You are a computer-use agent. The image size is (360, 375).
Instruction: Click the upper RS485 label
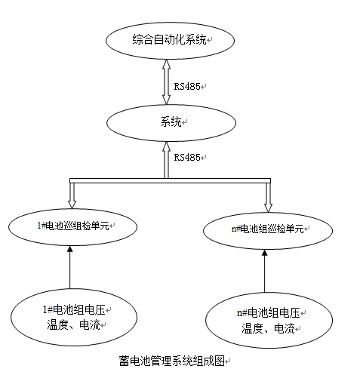coord(187,87)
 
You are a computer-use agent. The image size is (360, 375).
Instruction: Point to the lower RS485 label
coord(187,158)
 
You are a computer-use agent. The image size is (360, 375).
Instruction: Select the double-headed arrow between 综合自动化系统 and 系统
coord(166,82)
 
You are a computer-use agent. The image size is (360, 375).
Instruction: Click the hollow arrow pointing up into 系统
coord(166,160)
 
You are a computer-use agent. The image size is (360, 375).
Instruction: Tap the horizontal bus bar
coord(170,180)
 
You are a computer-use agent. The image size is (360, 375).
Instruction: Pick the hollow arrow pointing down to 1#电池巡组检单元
coord(72,195)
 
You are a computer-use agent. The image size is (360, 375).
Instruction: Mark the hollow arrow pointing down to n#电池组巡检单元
coord(268,198)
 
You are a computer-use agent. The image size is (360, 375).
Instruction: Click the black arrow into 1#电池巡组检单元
coord(70,267)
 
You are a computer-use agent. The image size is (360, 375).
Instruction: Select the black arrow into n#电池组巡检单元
coord(264,271)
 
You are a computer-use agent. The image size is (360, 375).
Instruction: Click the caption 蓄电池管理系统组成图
coord(171,361)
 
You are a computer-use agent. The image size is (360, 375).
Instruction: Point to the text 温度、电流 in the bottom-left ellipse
coord(73,325)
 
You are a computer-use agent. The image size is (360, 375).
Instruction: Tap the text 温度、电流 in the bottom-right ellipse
coord(268,328)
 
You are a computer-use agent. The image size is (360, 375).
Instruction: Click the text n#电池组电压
coord(269,313)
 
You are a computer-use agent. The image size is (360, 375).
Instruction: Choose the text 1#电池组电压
coord(74,309)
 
